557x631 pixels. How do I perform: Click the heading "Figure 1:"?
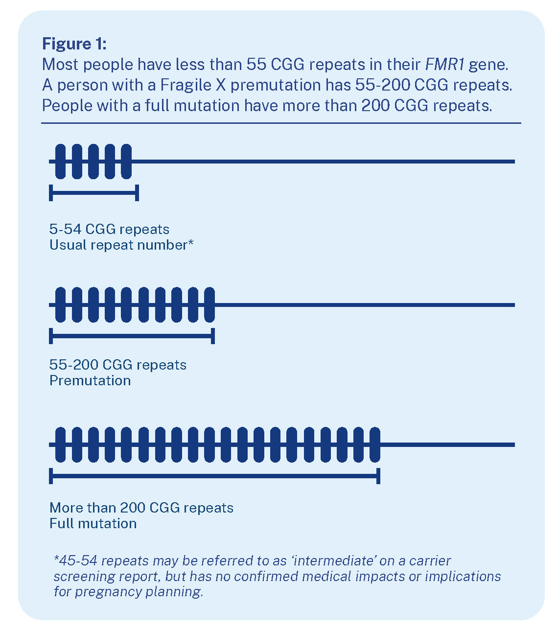click(74, 44)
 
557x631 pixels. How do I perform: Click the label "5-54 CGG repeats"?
click(109, 229)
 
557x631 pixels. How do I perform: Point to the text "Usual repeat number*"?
click(121, 245)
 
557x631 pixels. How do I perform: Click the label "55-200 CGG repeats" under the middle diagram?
click(118, 365)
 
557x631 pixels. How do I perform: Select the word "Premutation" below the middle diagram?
click(90, 380)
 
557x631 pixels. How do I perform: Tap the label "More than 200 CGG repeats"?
click(141, 508)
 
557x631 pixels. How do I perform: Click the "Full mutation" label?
click(93, 523)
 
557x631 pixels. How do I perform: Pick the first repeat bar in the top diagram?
click(60, 161)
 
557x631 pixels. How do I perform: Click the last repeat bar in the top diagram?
click(126, 161)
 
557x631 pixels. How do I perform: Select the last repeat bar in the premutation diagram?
click(209, 304)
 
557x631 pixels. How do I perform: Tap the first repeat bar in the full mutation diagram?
click(60, 444)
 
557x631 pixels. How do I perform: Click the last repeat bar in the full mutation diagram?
click(375, 444)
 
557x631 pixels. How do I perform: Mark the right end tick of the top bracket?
click(138, 193)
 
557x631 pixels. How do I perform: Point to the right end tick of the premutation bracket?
click(213, 336)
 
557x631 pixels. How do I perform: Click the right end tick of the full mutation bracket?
click(378, 476)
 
